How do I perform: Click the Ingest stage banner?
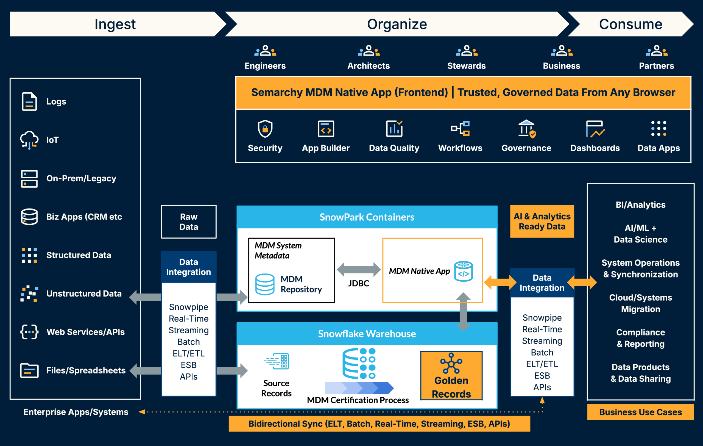coord(115,24)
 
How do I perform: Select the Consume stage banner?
coord(631,24)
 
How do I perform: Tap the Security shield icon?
coord(265,129)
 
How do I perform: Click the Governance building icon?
coord(526,129)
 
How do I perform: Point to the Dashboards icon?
coord(595,129)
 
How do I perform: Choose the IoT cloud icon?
coord(29,140)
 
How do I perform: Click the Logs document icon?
coord(29,101)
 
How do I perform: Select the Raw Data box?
coord(189,222)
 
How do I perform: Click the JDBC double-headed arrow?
coord(359,269)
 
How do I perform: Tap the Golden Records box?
coord(451,376)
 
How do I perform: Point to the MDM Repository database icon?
coord(264,284)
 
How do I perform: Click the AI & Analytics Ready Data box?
coord(542,221)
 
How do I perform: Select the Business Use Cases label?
coord(640,412)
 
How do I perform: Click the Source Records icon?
coord(277,361)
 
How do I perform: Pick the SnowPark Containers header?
coord(367,217)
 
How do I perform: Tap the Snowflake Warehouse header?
coord(367,334)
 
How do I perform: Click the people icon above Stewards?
coord(467,51)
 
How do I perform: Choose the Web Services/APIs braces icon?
coord(29,332)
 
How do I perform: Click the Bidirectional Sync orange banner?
coord(379,424)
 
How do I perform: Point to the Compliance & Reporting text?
coord(640,338)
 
